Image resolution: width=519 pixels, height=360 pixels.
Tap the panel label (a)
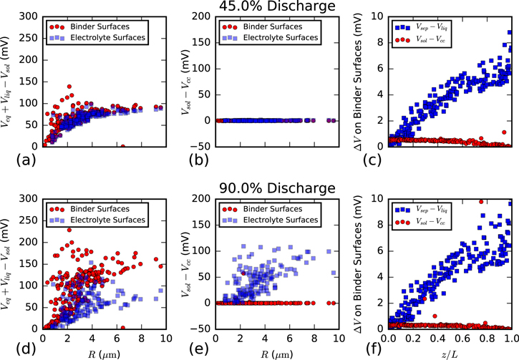(15, 159)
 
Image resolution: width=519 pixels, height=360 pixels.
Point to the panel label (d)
(15, 341)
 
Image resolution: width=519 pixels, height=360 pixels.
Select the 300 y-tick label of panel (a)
(32, 16)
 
